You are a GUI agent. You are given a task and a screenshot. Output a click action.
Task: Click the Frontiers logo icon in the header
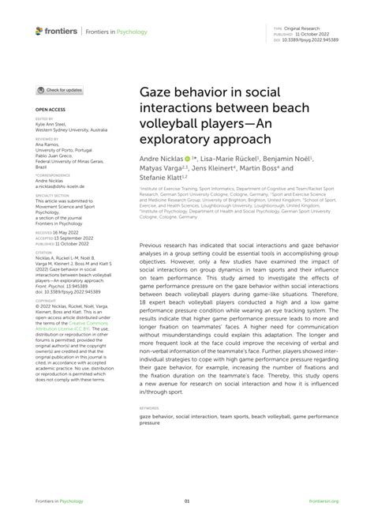pos(40,32)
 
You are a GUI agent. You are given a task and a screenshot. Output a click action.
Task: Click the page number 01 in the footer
pos(187,501)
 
